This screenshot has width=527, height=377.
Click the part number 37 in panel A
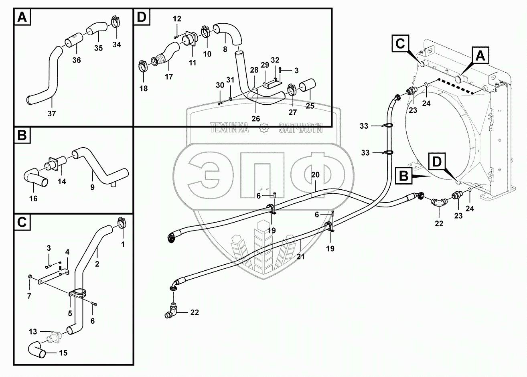click(x=52, y=114)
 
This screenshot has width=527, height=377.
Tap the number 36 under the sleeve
click(x=76, y=60)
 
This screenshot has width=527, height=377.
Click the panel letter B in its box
click(x=22, y=136)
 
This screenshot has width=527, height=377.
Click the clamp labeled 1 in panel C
click(x=122, y=222)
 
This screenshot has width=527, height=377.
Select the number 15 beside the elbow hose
click(x=63, y=353)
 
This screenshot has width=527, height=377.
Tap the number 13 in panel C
click(x=33, y=331)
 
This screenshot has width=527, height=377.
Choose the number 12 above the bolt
click(x=177, y=18)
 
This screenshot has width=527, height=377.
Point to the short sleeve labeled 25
click(x=308, y=85)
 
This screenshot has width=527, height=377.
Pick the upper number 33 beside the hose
click(x=364, y=126)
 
